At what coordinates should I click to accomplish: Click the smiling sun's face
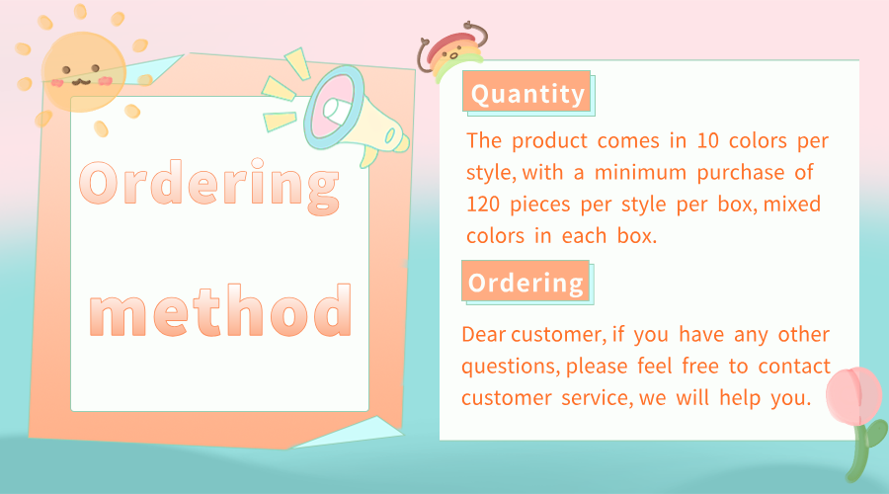(83, 72)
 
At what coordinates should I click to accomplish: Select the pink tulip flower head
(853, 395)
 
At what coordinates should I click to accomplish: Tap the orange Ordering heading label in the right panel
(525, 281)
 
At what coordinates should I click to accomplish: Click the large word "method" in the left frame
(220, 310)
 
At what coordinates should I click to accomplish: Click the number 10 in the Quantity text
(707, 140)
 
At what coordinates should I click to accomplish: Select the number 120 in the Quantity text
(482, 205)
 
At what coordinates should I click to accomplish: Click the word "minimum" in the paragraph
(640, 173)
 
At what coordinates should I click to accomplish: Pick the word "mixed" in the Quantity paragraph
(791, 205)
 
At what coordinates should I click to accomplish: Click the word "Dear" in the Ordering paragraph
(484, 335)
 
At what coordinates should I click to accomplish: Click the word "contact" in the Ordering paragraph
(794, 367)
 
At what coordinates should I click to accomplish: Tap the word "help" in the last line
(740, 399)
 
